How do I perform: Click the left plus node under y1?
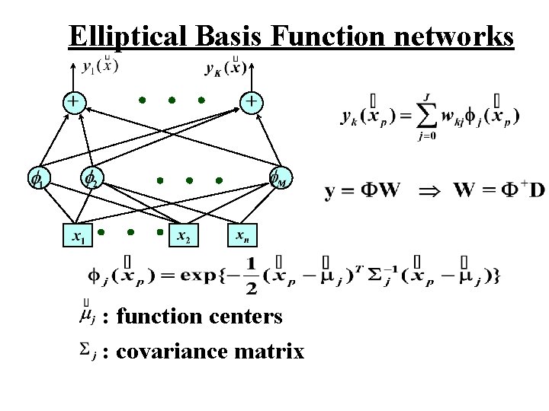(73, 100)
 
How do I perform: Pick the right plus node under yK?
(251, 100)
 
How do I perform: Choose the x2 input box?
(184, 236)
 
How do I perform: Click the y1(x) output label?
(99, 66)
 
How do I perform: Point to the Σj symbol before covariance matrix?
(88, 349)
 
